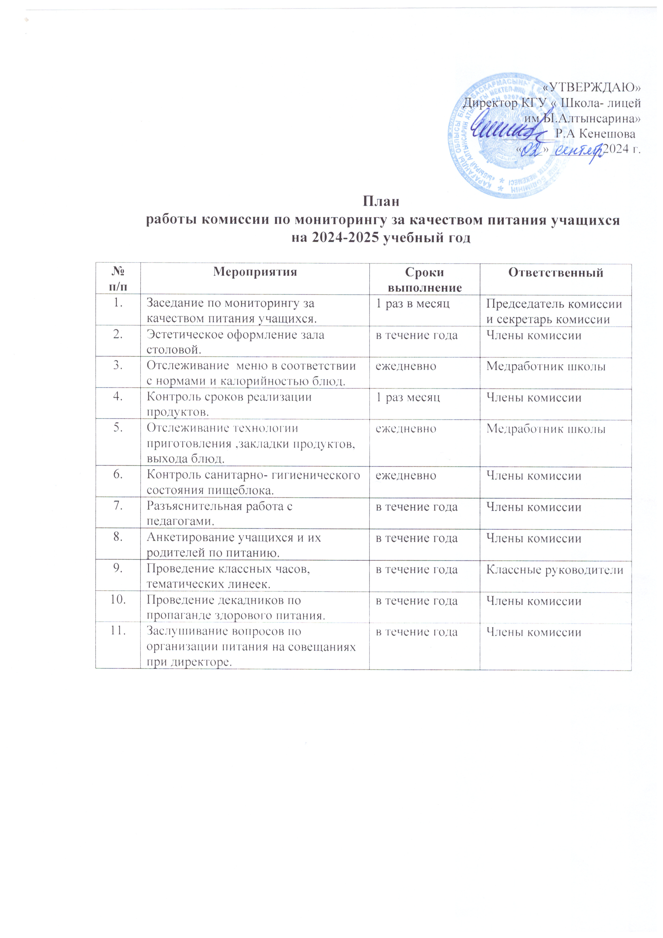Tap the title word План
point(381,202)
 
